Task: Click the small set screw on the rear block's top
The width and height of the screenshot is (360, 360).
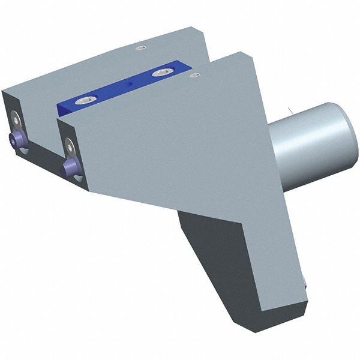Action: [x=141, y=47]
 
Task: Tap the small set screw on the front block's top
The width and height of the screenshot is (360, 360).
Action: [x=194, y=75]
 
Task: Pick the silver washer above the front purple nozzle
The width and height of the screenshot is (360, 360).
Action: [x=70, y=144]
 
